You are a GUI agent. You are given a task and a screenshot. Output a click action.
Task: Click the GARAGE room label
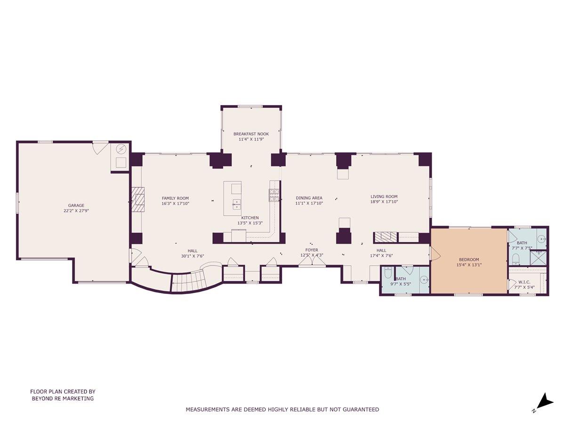coord(76,205)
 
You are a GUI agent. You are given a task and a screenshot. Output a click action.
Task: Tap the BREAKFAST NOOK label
coord(251,134)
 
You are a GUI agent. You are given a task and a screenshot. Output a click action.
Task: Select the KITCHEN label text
coord(250,218)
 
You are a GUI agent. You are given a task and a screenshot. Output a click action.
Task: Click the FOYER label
coord(311,250)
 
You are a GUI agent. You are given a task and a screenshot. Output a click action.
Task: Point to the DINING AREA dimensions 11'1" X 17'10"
coord(309,204)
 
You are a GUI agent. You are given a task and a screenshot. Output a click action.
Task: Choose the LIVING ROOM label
coord(384,196)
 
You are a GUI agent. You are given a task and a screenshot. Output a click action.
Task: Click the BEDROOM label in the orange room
coord(468,259)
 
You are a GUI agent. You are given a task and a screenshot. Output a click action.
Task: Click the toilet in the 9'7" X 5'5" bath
coord(388,273)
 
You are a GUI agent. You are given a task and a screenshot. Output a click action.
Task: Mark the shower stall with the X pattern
coord(537,258)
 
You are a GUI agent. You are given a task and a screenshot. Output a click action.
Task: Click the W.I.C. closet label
coord(524,282)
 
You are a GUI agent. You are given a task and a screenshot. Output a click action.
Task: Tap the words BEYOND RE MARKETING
coord(63,399)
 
